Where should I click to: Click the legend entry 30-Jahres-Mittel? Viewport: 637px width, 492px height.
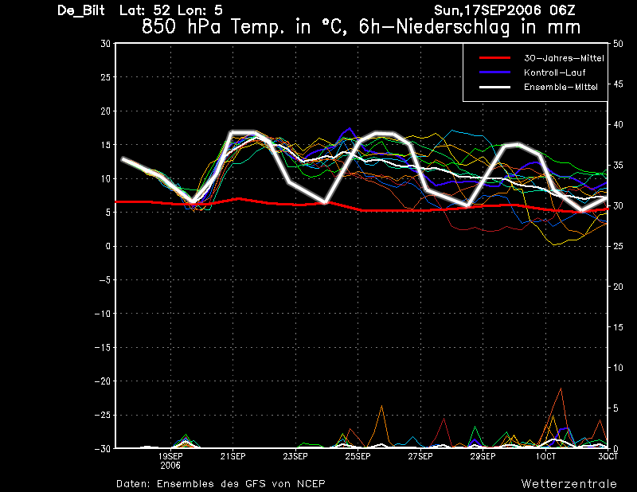click(564, 58)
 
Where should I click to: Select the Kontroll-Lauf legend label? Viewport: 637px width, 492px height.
click(554, 72)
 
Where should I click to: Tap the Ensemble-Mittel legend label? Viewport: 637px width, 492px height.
click(561, 87)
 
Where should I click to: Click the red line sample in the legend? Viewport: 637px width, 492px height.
click(494, 58)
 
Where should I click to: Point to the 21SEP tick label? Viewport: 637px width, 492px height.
click(233, 456)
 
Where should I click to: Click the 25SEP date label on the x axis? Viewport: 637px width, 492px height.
click(358, 456)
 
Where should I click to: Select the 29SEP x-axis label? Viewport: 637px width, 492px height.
click(483, 456)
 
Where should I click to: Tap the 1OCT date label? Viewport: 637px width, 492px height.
click(545, 456)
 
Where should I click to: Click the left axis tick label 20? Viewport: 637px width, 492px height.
click(106, 111)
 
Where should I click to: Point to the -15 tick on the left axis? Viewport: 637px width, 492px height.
click(103, 347)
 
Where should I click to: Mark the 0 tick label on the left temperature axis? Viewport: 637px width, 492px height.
click(108, 246)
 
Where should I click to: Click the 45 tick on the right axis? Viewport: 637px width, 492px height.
click(618, 84)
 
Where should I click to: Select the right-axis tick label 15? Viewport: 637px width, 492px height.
click(618, 327)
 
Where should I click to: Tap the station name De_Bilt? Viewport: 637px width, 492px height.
click(81, 10)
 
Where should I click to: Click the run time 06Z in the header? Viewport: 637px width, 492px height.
click(562, 10)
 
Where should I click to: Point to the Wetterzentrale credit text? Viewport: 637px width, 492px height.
click(569, 483)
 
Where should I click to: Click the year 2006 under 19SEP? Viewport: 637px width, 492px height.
click(170, 466)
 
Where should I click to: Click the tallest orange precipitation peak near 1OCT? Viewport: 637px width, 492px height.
click(561, 389)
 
